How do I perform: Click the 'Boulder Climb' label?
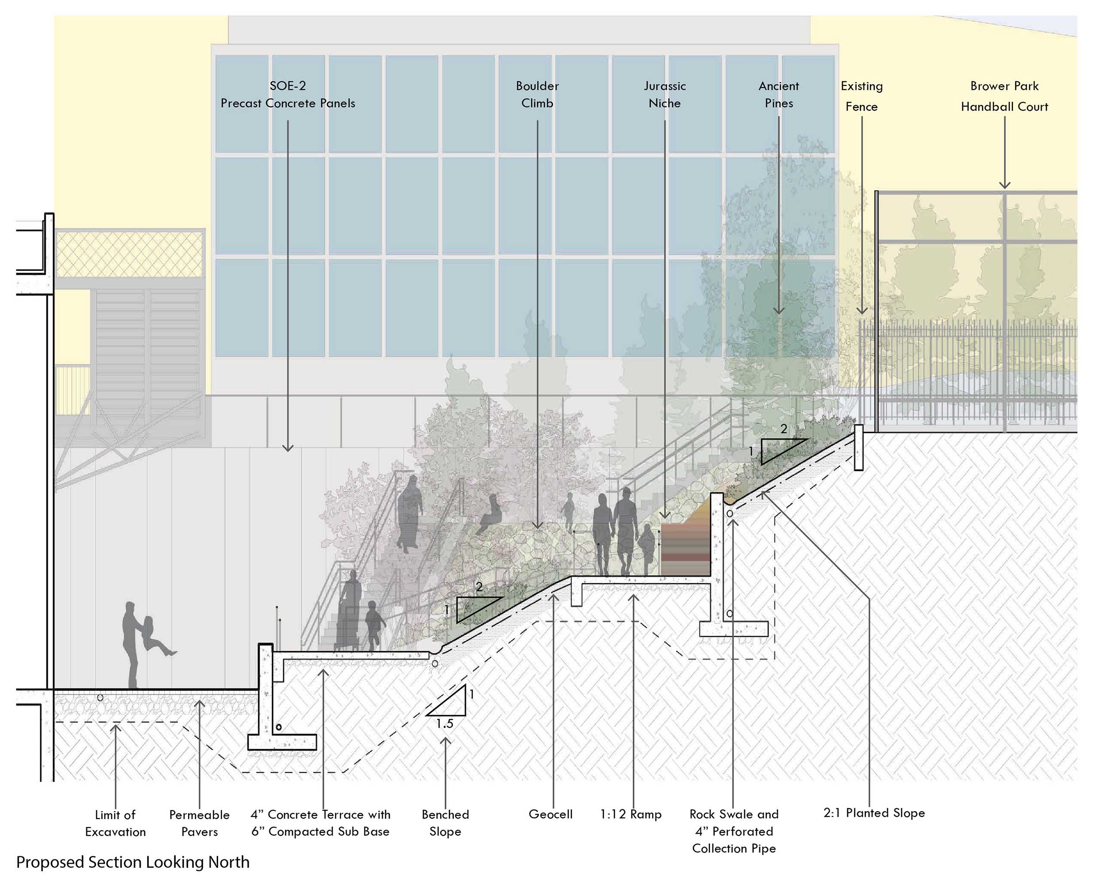coord(537,95)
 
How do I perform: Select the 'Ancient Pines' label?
coord(778,95)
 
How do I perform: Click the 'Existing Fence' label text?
coord(861,96)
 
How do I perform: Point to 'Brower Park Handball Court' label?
coord(1004,96)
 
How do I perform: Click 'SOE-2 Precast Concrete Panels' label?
coord(288,95)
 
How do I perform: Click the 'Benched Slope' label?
coord(445,823)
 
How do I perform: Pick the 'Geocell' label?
coord(550,814)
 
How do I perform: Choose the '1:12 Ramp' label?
coord(630,814)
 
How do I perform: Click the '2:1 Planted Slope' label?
coord(874,812)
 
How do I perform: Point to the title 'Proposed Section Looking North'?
coord(133,862)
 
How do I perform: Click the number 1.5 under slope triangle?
coord(445,723)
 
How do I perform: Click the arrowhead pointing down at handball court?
coord(1004,185)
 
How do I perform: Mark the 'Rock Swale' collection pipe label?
coord(734,831)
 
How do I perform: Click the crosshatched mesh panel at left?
coord(130,254)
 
